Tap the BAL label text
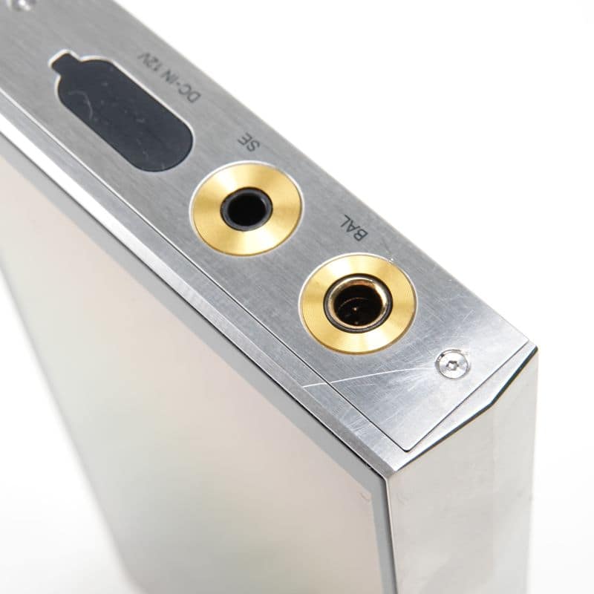pos(355,229)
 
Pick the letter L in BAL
pos(347,221)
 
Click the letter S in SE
pos(252,146)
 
